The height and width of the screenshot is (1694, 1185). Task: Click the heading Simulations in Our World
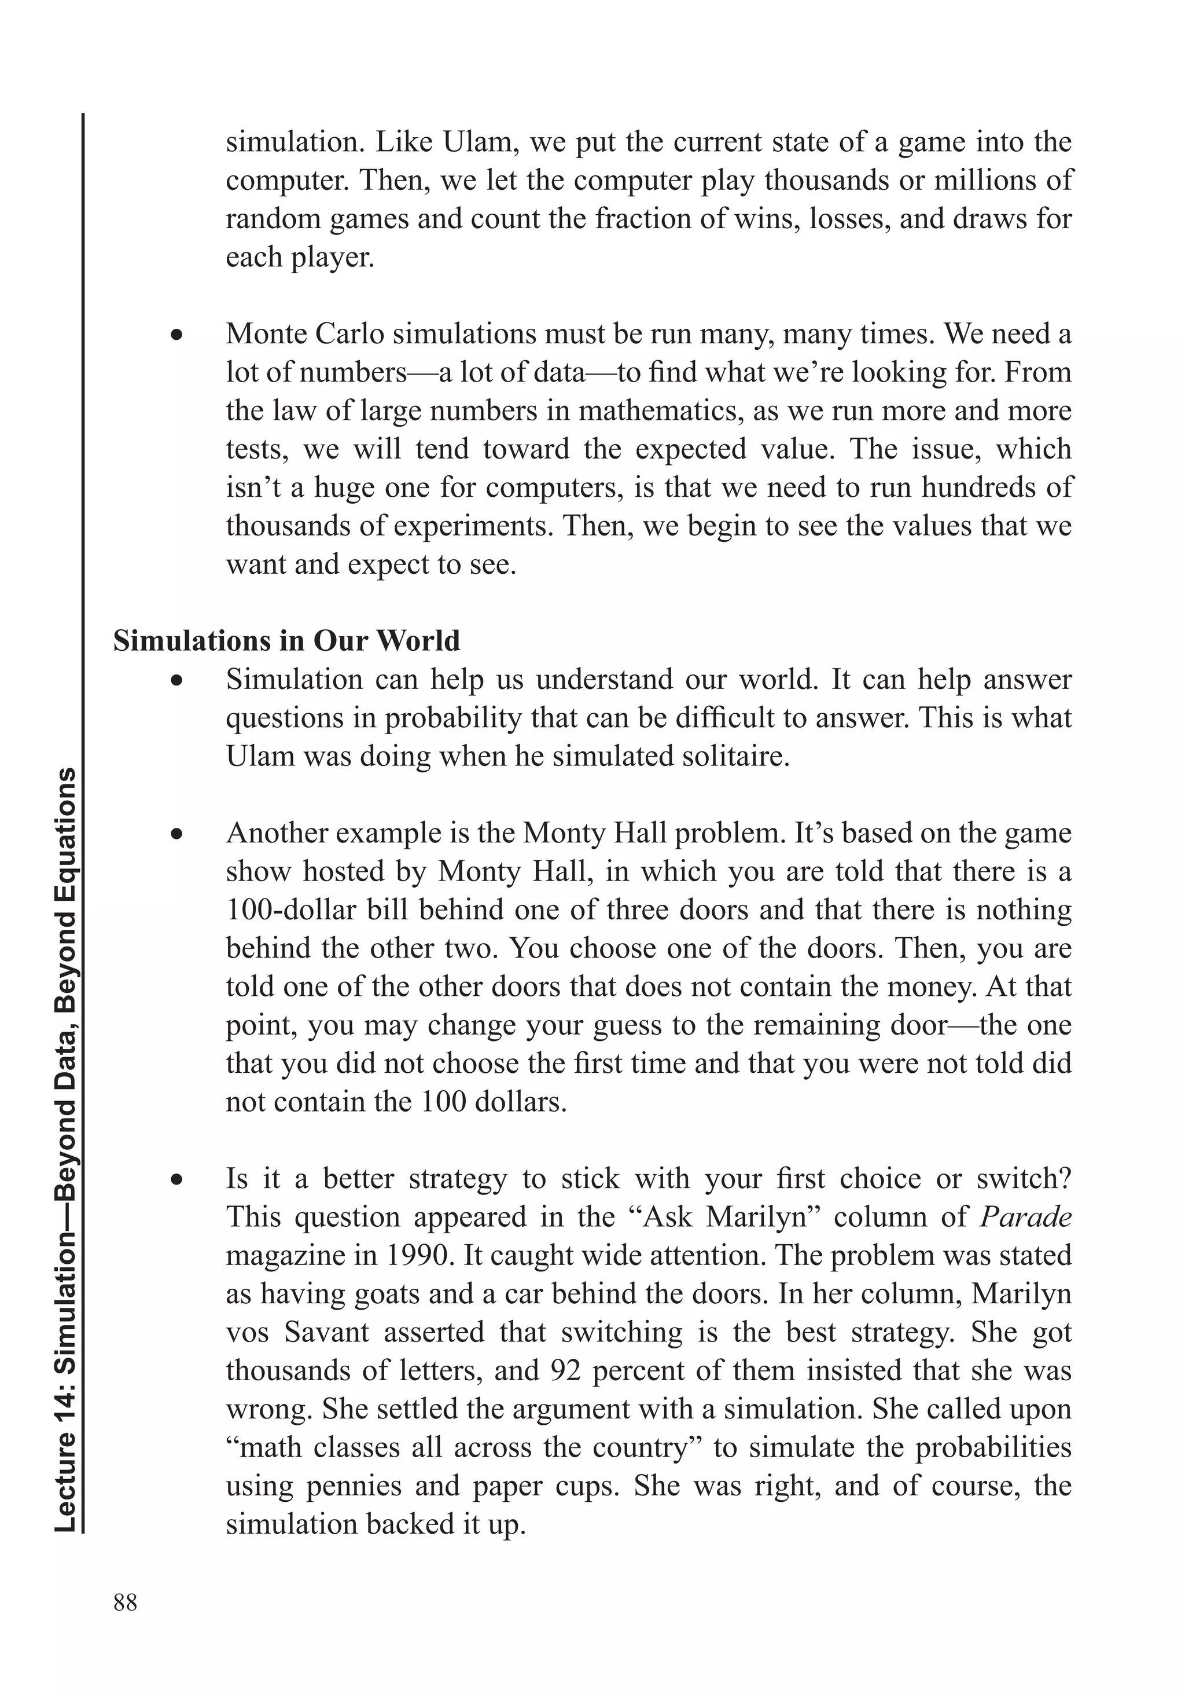click(x=286, y=640)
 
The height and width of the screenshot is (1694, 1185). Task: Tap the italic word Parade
click(x=1025, y=1216)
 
